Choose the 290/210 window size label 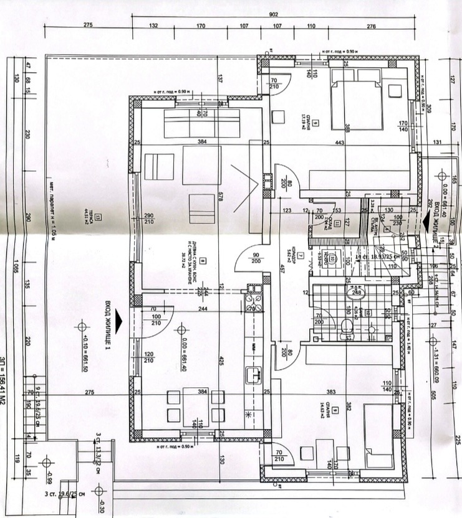click(147, 219)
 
